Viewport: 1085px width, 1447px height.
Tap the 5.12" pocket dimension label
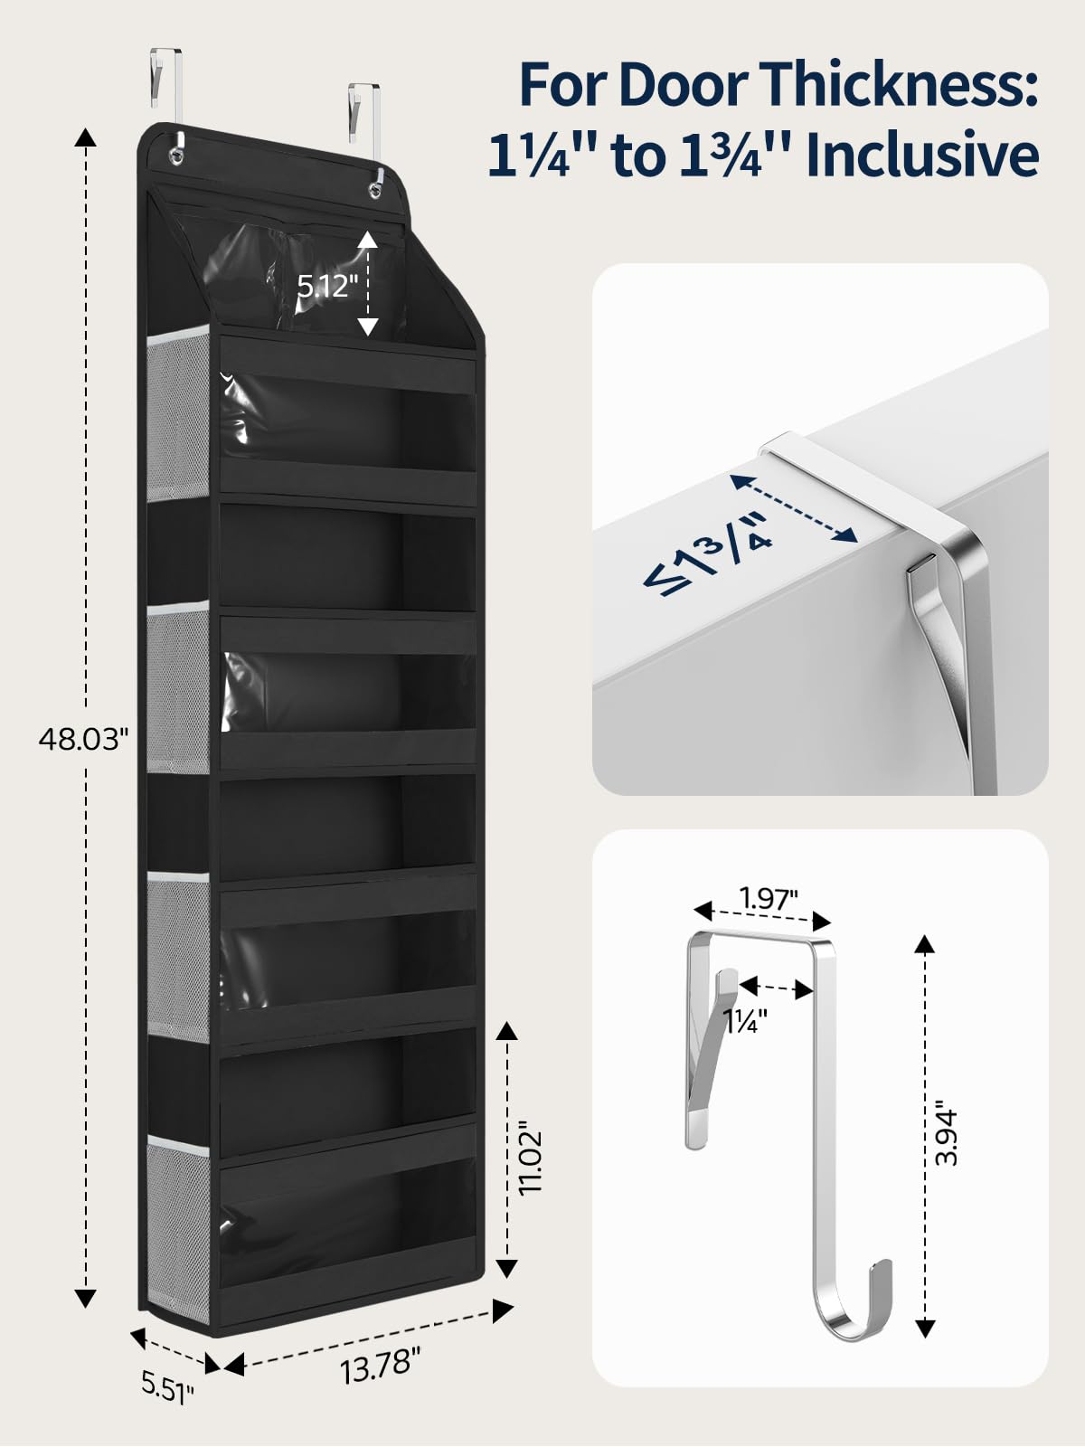tap(326, 286)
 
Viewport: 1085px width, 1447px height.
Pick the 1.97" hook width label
tap(769, 898)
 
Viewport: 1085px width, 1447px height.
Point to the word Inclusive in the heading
tap(922, 156)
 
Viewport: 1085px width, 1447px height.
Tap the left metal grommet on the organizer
tap(176, 155)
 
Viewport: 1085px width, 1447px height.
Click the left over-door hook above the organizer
tap(166, 92)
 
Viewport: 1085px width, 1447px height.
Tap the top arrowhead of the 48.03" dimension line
tap(85, 137)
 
